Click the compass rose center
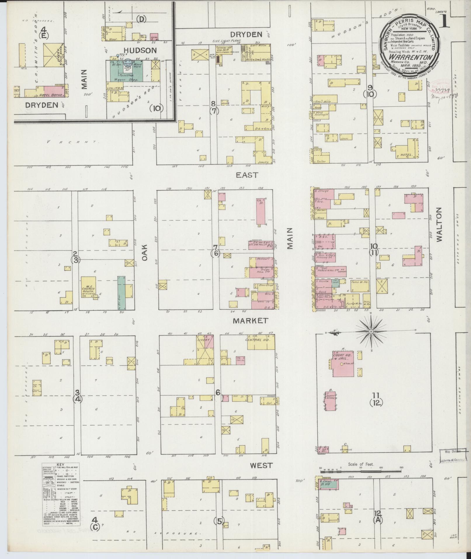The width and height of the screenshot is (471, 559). click(371, 331)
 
